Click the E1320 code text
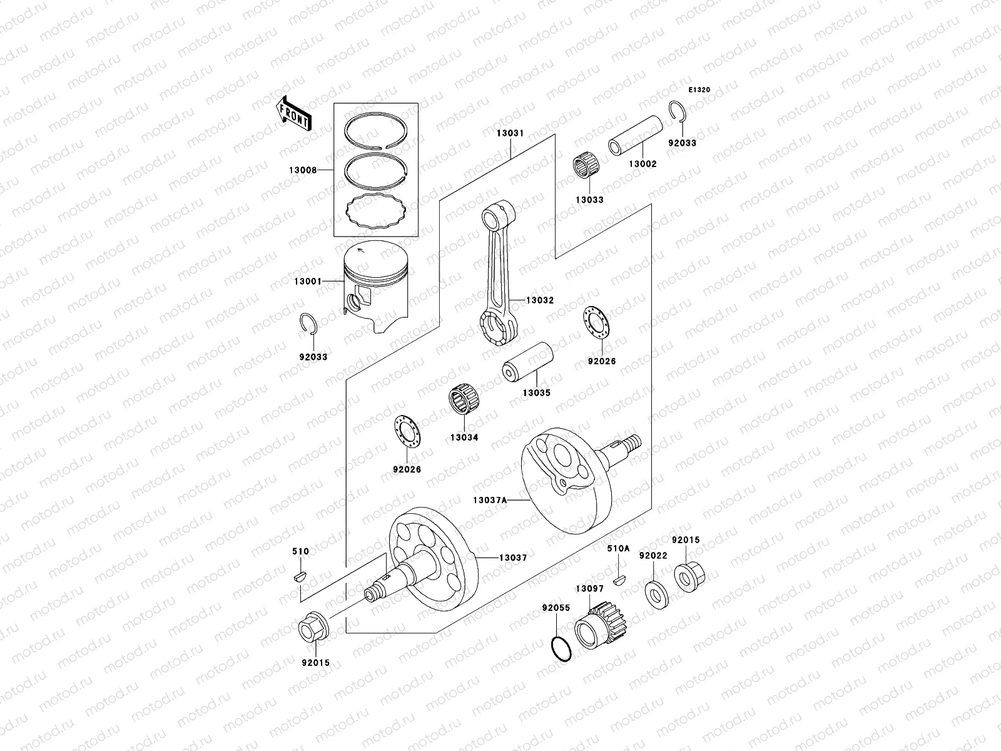(x=699, y=90)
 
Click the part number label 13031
(x=510, y=133)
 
